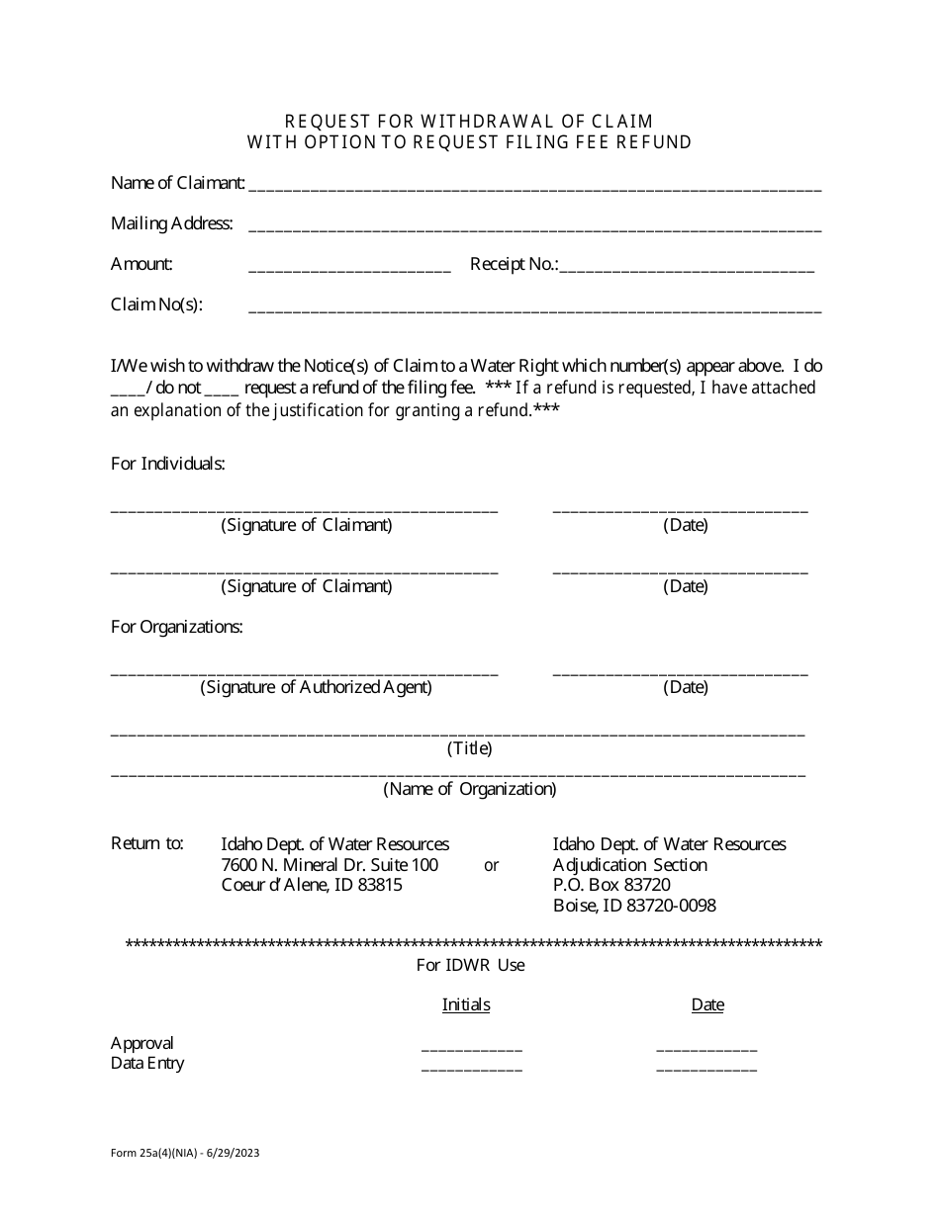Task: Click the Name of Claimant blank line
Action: click(x=534, y=186)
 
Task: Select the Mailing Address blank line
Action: click(x=534, y=227)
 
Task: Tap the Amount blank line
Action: click(x=349, y=269)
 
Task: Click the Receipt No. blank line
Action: click(x=687, y=269)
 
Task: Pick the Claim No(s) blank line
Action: click(x=534, y=309)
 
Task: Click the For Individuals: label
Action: click(x=168, y=464)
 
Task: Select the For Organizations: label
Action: click(x=177, y=627)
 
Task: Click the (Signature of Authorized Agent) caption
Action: click(x=317, y=687)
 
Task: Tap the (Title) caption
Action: click(x=470, y=748)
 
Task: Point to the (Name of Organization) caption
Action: click(x=470, y=789)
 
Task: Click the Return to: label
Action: click(x=147, y=843)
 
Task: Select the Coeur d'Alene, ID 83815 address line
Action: click(x=312, y=885)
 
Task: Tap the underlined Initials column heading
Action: click(x=466, y=1004)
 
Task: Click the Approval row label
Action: click(x=142, y=1043)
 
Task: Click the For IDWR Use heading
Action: click(x=470, y=965)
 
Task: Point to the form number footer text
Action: click(x=185, y=1153)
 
